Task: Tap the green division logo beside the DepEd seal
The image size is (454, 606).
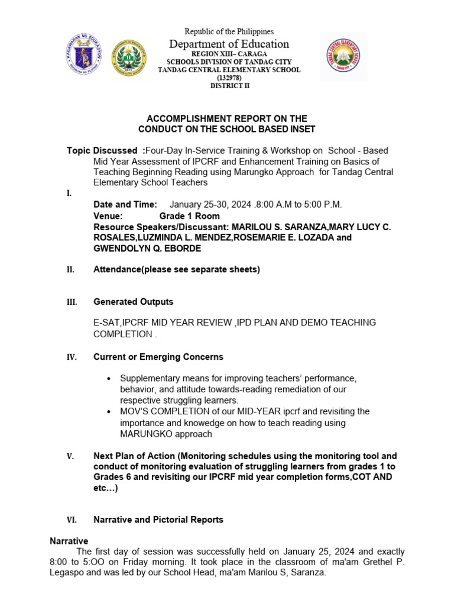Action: click(x=129, y=59)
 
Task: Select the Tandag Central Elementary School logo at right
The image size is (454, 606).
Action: click(x=343, y=57)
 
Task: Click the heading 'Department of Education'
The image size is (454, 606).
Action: click(x=229, y=44)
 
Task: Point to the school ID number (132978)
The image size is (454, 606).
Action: click(x=229, y=78)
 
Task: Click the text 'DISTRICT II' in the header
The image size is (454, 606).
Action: click(x=229, y=86)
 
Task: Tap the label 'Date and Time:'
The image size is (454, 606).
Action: click(x=125, y=204)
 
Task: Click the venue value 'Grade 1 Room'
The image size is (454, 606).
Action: click(x=189, y=216)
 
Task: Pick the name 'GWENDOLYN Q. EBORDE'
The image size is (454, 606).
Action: click(x=147, y=249)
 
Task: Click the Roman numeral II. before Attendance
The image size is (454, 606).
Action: click(x=70, y=270)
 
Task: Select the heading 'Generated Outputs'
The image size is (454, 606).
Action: click(x=134, y=302)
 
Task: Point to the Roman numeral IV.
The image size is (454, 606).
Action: click(x=71, y=357)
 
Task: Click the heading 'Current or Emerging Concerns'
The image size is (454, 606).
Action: click(x=158, y=357)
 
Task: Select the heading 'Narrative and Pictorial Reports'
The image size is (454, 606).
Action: click(x=158, y=520)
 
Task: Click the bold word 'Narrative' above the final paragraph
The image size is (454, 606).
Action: click(x=69, y=541)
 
